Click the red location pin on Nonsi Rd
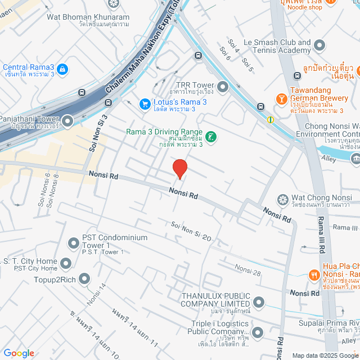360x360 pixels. pyautogui.click(x=179, y=169)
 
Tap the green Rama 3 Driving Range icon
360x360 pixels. pyautogui.click(x=211, y=137)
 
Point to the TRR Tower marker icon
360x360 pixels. pyautogui.click(x=223, y=87)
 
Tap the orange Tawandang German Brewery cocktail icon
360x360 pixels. pyautogui.click(x=280, y=99)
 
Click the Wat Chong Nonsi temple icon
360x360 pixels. pyautogui.click(x=282, y=200)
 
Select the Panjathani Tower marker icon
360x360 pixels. pyautogui.click(x=68, y=120)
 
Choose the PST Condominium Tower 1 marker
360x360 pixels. pyautogui.click(x=73, y=244)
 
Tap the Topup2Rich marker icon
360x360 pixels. pyautogui.click(x=84, y=278)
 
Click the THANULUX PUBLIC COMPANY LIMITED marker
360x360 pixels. pyautogui.click(x=259, y=303)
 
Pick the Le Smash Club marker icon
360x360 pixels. pyautogui.click(x=319, y=44)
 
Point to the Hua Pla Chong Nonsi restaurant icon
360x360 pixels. pyautogui.click(x=313, y=275)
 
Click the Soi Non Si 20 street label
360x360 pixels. pyautogui.click(x=191, y=231)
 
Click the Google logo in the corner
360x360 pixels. pyautogui.click(x=18, y=353)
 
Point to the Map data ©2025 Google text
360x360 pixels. pyautogui.click(x=325, y=355)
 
